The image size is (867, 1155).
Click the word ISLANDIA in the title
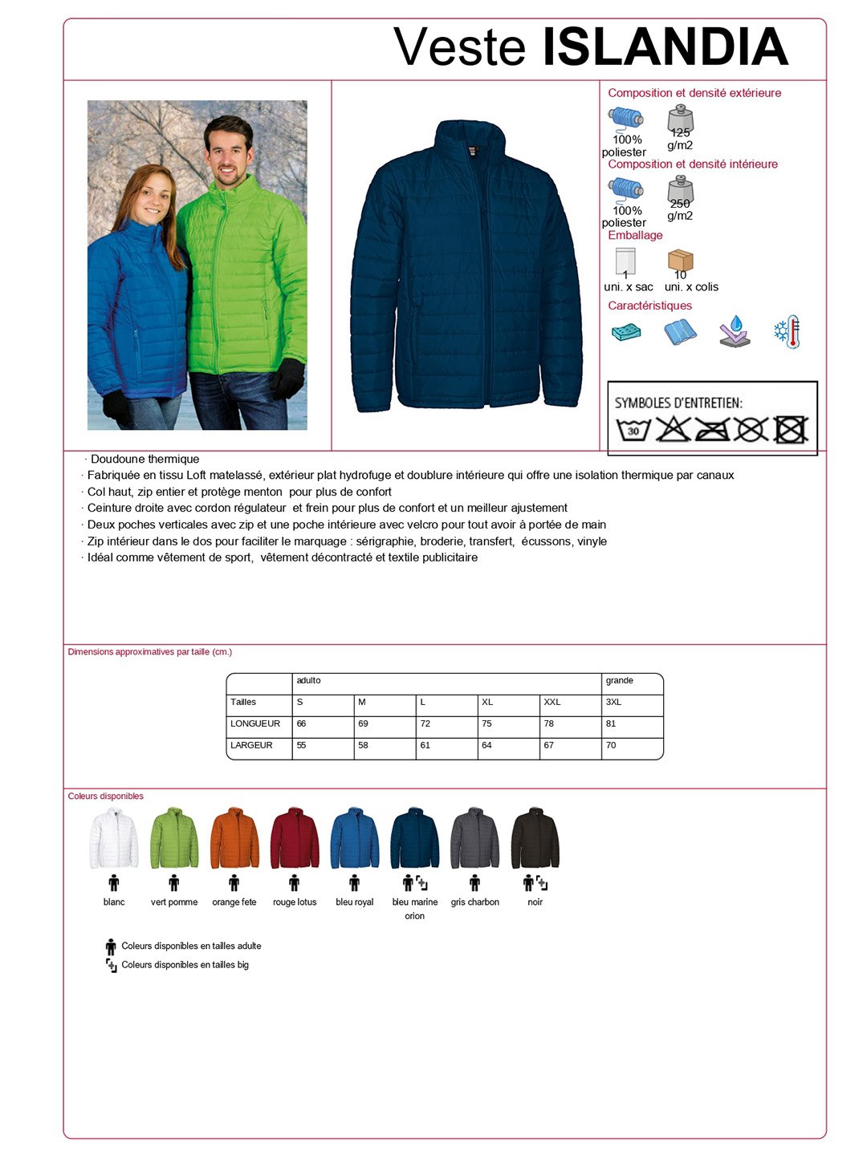click(x=666, y=47)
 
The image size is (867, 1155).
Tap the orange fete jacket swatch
click(x=234, y=839)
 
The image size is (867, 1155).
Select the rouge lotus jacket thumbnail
click(x=295, y=839)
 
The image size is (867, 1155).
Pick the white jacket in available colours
click(x=114, y=839)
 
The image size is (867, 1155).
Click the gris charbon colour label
click(x=474, y=902)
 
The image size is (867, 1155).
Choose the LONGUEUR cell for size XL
click(x=509, y=724)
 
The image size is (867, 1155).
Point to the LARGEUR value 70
click(x=631, y=746)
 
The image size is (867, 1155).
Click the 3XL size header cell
click(x=631, y=703)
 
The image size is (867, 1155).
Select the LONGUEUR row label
click(x=257, y=724)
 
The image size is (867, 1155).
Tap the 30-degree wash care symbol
click(x=633, y=430)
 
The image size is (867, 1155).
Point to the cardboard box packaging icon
click(x=680, y=261)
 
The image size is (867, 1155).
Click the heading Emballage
click(x=635, y=235)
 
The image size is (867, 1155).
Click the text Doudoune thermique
click(x=144, y=459)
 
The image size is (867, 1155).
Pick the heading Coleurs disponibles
click(x=106, y=796)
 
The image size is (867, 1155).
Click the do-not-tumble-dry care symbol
click(x=790, y=430)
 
